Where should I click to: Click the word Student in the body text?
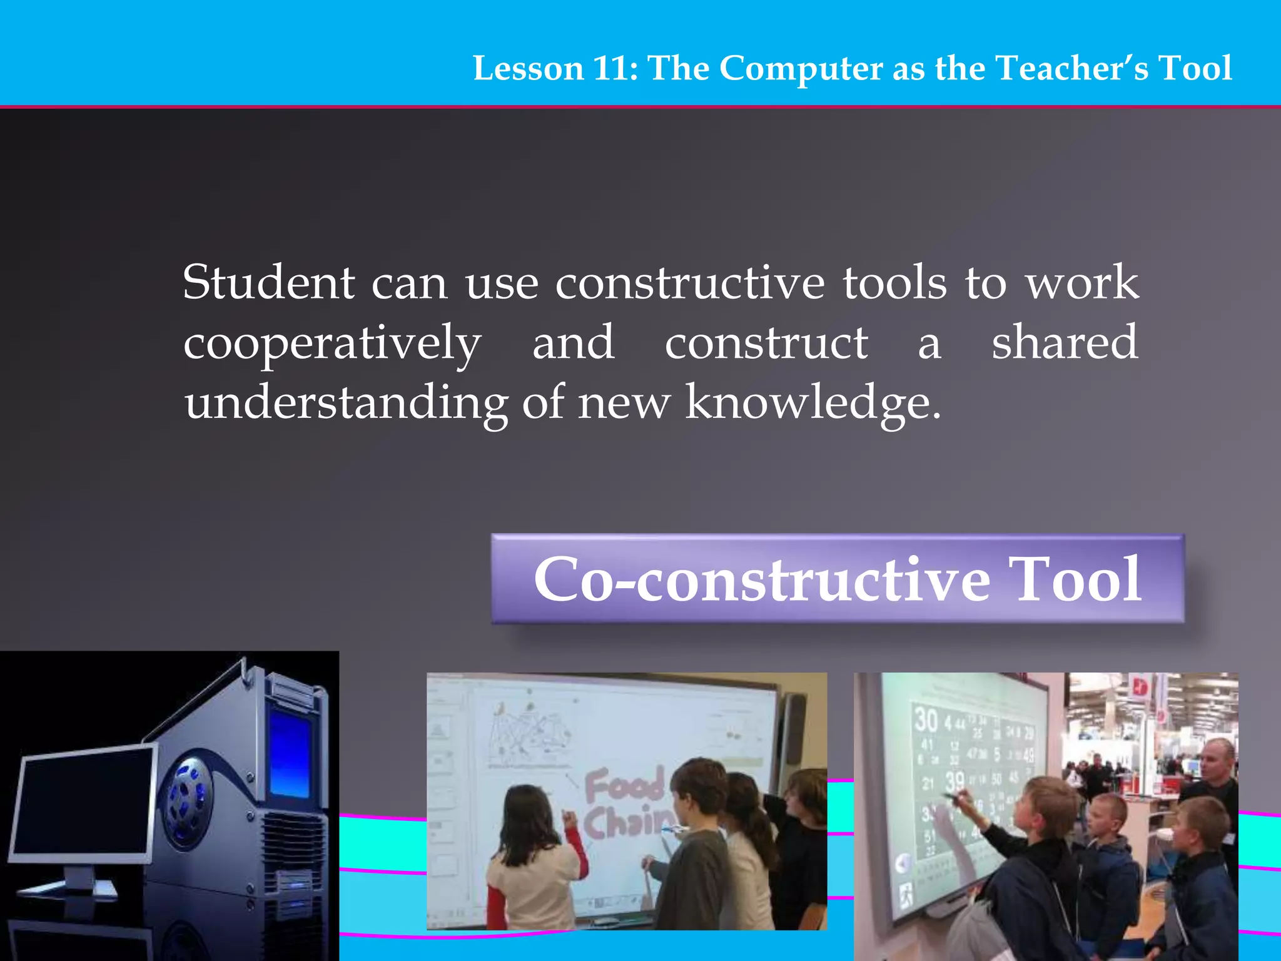click(269, 283)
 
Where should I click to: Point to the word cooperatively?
click(332, 345)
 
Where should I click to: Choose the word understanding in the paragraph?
click(346, 404)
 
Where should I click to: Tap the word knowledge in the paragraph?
click(813, 404)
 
